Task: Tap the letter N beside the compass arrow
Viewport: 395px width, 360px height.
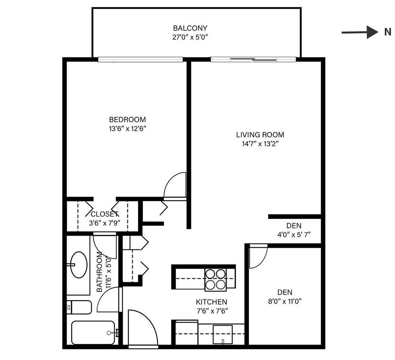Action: (387, 33)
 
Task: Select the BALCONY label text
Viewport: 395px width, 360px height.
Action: (190, 28)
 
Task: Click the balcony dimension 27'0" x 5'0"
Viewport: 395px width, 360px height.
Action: (190, 37)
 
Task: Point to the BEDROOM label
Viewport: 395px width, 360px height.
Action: (127, 119)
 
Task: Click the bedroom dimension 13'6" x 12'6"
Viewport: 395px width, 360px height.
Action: (127, 129)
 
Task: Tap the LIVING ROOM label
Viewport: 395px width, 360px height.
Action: (260, 135)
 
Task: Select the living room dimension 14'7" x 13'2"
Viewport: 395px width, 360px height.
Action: (260, 144)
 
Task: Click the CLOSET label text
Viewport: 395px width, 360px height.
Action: (105, 214)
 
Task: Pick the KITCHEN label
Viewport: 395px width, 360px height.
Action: (211, 302)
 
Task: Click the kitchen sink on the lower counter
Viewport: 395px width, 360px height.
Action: (222, 334)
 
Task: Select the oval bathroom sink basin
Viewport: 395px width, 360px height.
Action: (79, 264)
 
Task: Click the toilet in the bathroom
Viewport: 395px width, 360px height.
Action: (79, 307)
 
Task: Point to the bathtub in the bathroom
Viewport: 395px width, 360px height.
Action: (93, 332)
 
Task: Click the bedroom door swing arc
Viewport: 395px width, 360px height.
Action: (175, 185)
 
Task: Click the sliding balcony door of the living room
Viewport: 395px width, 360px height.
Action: (253, 59)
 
